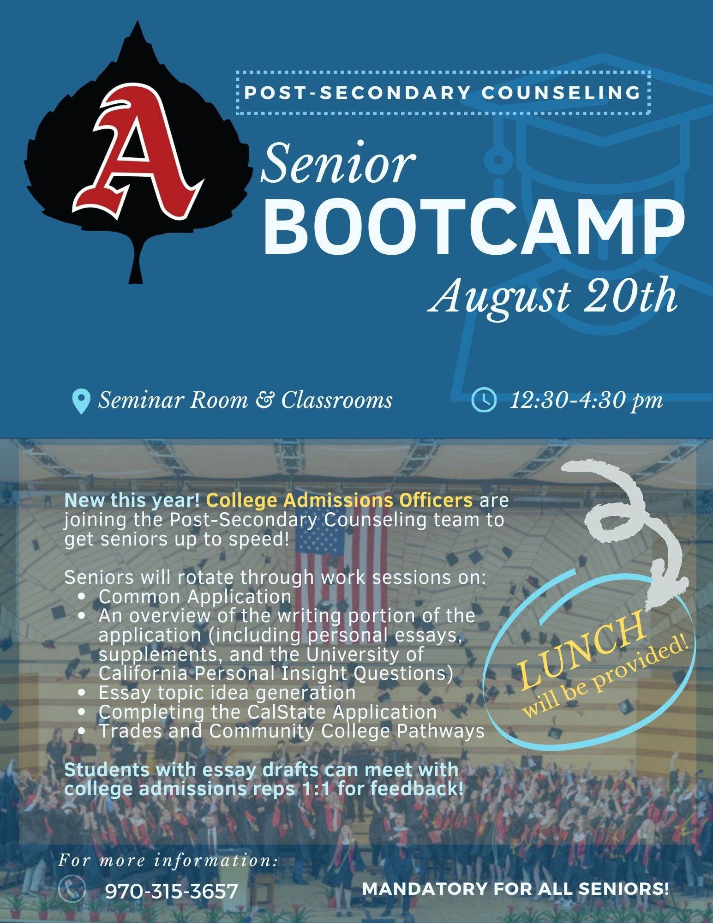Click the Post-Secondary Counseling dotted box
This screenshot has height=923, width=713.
[443, 92]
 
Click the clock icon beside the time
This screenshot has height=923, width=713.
[484, 401]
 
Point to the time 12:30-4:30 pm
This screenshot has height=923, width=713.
[586, 401]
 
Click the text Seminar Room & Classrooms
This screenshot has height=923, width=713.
[245, 401]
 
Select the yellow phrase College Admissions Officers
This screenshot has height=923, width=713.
[340, 500]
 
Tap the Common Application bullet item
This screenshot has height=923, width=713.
[195, 597]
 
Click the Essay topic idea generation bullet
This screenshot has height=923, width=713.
[227, 693]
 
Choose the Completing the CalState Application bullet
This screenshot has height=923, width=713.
[268, 712]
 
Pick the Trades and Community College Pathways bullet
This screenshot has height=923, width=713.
[292, 731]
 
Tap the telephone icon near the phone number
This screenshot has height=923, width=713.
[73, 889]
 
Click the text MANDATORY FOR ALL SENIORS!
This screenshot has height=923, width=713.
[515, 889]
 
